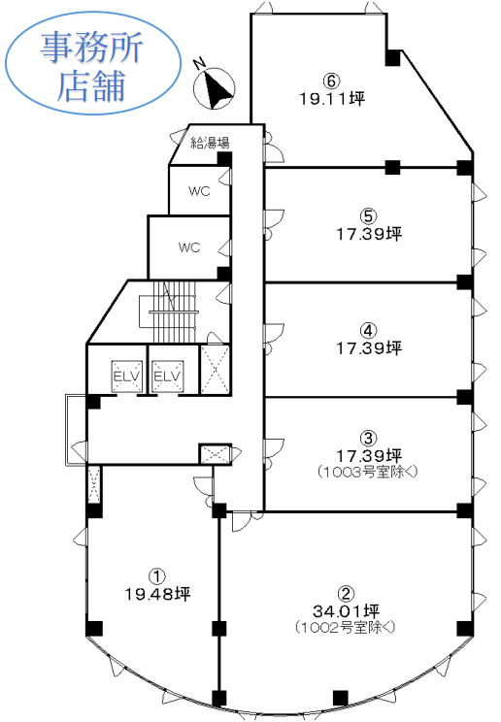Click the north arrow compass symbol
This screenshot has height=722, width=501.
[214, 89]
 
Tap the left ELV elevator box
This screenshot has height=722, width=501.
[126, 377]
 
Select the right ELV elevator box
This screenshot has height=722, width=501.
[166, 377]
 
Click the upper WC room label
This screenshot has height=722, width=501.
[199, 190]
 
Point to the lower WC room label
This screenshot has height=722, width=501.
[189, 247]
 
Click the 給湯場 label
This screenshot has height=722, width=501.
[210, 143]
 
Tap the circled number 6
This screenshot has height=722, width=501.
[331, 82]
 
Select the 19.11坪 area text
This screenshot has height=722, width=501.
[332, 98]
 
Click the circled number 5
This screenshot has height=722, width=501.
[368, 216]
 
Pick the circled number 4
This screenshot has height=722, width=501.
[368, 330]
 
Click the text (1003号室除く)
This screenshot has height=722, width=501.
[367, 472]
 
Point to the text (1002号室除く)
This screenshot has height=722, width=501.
[346, 627]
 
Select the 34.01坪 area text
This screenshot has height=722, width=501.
[347, 611]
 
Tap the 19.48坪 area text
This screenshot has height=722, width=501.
[157, 594]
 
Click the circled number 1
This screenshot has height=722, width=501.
[156, 576]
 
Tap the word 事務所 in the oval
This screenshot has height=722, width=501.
[91, 48]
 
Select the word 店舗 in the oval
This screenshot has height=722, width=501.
[91, 85]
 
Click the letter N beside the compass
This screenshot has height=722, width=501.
[200, 63]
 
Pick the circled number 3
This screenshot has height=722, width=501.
[368, 438]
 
